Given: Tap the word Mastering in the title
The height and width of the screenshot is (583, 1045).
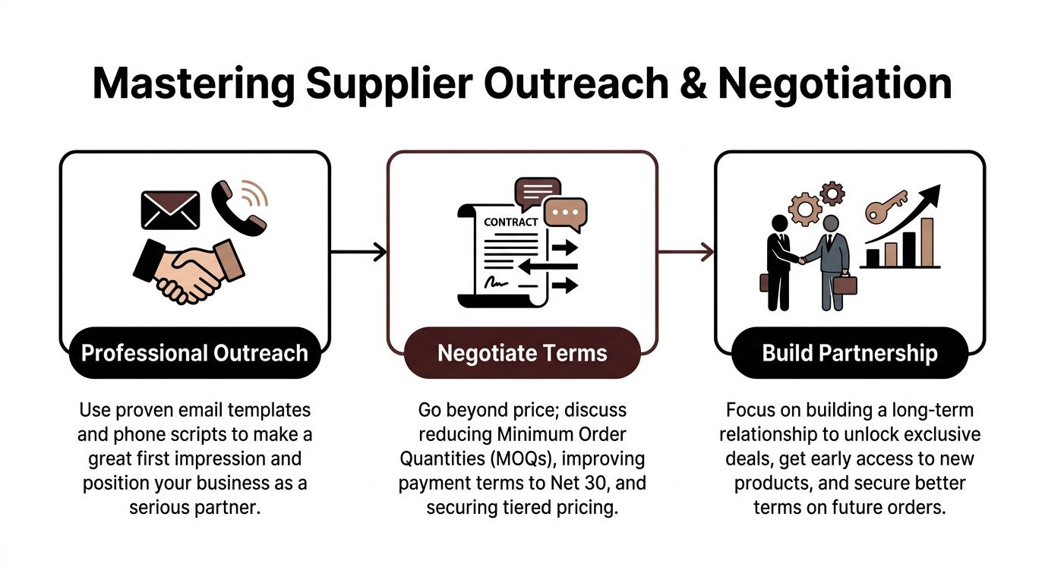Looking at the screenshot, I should point(193,84).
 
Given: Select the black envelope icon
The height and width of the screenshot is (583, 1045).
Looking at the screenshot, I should point(170,210).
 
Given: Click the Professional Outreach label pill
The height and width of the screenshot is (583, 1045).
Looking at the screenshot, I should point(194,353).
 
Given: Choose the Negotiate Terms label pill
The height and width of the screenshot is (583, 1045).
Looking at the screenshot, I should point(522,353).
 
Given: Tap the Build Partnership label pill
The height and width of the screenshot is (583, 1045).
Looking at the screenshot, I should point(850,353).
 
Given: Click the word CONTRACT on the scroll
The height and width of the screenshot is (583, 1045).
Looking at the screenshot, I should point(510,222).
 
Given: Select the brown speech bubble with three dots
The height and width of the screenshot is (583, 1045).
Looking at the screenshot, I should point(567,213).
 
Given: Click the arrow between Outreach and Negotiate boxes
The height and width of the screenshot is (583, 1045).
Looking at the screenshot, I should point(358,251).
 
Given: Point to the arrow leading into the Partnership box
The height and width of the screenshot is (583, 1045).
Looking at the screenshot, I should point(686,251).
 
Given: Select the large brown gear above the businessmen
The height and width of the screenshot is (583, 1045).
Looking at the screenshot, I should point(804,207).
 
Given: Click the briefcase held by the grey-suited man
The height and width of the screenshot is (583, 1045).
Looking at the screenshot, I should point(845,285).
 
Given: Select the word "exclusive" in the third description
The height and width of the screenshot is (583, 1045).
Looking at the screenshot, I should point(946,435).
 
